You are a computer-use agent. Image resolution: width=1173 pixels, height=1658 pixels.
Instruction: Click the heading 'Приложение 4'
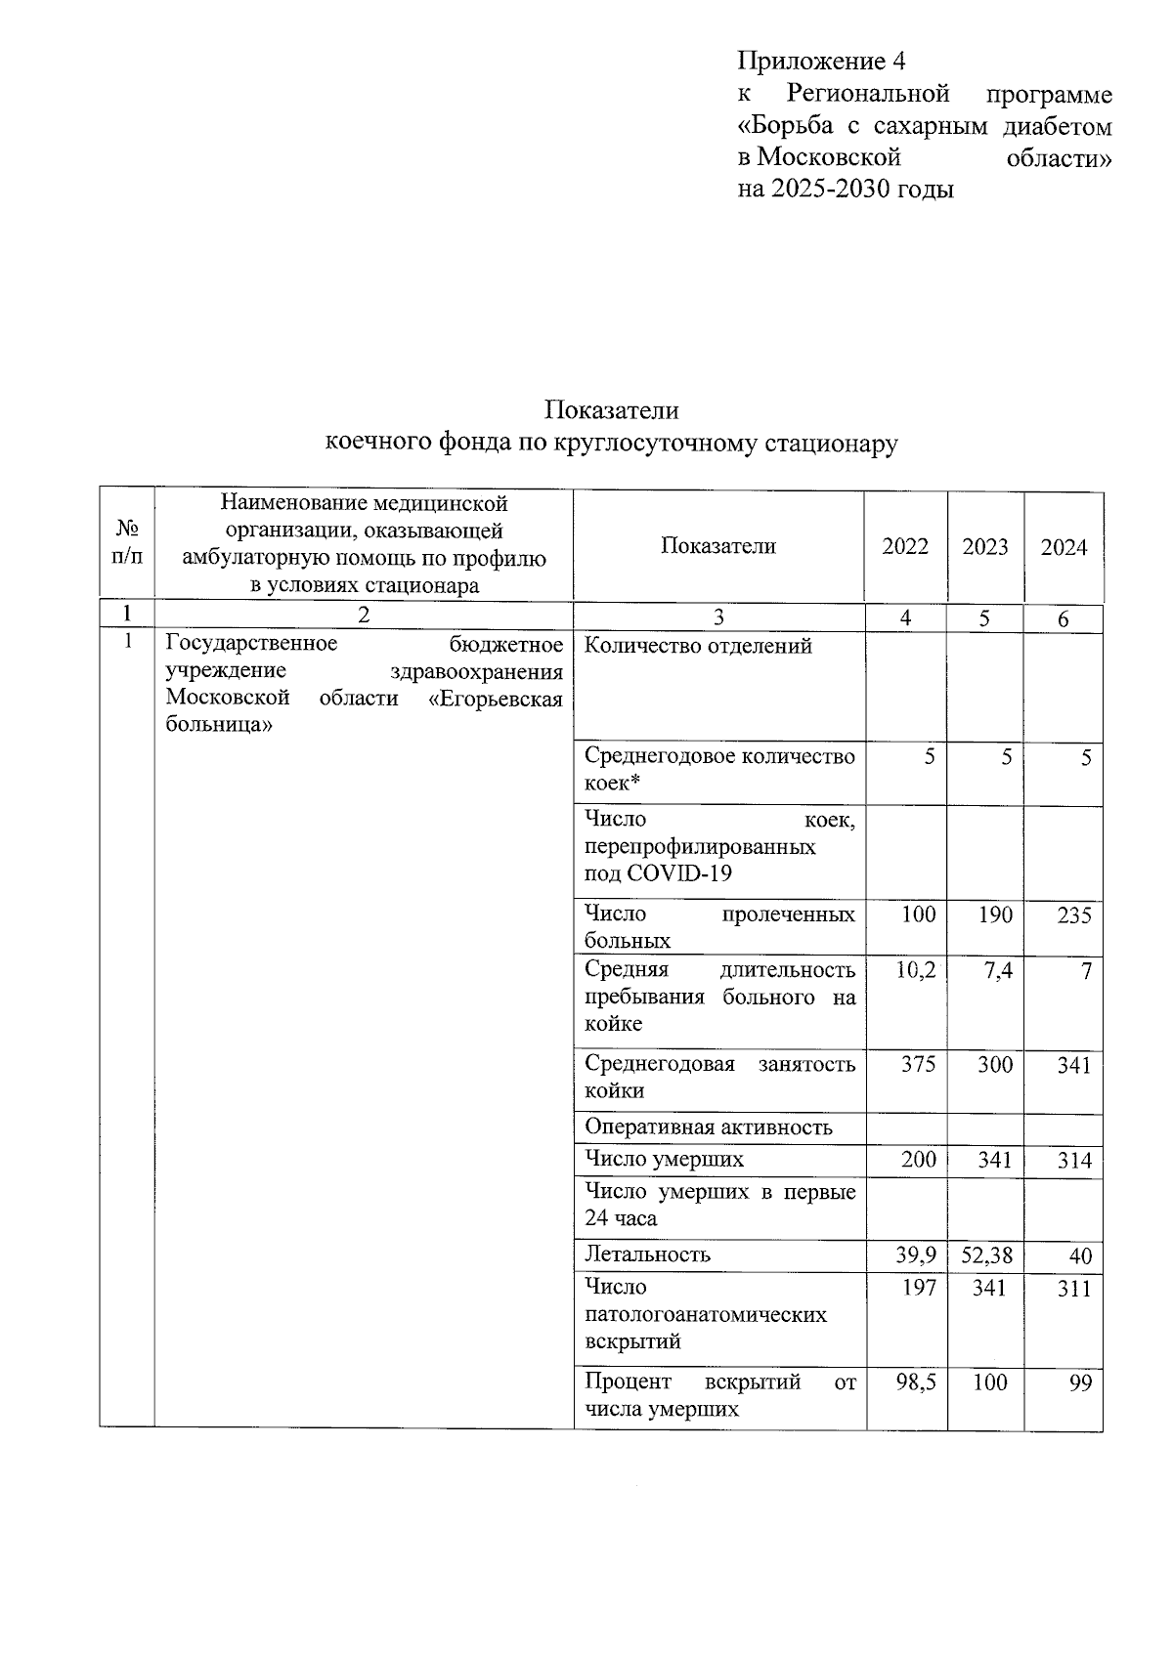point(821,62)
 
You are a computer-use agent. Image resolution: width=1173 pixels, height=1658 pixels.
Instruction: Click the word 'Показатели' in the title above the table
point(611,409)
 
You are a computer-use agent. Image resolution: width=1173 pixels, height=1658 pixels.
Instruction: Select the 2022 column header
point(905,546)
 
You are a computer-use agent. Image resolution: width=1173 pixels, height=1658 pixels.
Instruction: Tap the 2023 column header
point(984,546)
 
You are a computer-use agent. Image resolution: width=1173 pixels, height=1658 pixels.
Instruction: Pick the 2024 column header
point(1064,547)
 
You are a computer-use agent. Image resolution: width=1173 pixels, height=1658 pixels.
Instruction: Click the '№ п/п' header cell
point(127,543)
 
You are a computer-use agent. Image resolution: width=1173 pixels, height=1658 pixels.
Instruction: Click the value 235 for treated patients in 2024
point(1073,915)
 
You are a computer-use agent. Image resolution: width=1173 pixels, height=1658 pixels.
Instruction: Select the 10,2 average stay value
point(916,970)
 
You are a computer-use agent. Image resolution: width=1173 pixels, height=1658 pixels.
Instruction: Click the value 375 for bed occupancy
point(918,1064)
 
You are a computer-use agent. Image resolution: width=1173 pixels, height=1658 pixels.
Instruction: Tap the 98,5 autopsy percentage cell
point(917,1382)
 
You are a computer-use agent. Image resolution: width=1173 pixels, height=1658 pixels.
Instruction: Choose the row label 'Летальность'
point(647,1254)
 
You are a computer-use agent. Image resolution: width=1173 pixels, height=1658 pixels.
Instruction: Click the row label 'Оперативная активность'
point(708,1127)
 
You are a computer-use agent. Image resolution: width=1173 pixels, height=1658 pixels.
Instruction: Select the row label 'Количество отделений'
point(698,647)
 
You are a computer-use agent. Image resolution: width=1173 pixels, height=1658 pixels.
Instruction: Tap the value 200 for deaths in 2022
point(918,1160)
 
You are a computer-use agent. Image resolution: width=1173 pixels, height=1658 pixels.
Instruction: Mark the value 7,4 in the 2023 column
point(997,970)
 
